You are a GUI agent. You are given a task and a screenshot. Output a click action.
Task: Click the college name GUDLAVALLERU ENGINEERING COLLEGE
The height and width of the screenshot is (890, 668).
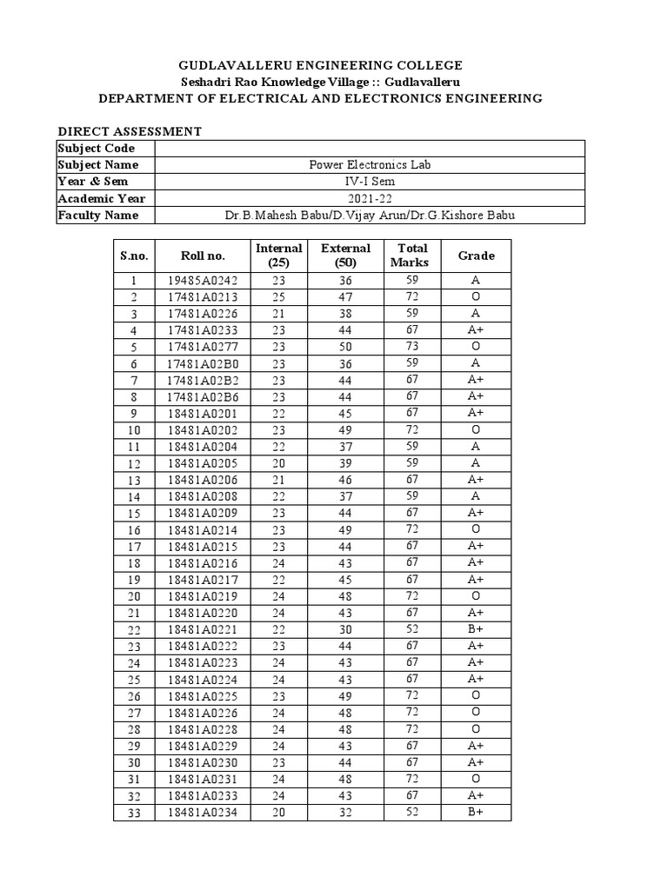point(320,65)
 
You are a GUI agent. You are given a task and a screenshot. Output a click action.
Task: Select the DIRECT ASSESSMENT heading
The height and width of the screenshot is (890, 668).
point(130,131)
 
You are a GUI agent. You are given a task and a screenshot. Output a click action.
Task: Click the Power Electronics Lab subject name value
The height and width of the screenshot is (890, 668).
point(370,165)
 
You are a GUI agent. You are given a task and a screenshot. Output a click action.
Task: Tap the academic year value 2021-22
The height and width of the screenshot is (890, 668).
point(370,198)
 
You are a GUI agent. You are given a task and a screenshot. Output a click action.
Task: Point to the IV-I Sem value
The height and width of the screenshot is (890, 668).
point(370,182)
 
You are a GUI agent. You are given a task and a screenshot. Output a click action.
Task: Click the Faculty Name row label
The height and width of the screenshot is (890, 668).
point(98,215)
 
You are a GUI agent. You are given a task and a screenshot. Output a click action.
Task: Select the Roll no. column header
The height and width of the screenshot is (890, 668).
point(203,256)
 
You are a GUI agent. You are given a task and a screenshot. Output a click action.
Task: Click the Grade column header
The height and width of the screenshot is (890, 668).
point(476,256)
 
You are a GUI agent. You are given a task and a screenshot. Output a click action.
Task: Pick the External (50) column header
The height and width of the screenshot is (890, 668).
point(345,256)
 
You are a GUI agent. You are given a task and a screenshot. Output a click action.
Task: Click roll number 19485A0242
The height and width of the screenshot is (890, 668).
point(203,281)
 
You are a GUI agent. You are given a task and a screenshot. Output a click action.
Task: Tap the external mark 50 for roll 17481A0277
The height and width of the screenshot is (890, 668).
point(345,347)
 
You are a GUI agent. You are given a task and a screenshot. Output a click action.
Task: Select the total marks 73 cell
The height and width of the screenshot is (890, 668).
point(412,346)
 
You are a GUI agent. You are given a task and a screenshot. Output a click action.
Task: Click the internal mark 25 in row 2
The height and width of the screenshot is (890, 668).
point(278,297)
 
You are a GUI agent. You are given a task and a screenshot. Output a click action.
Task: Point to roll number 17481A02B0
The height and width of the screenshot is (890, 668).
point(203,363)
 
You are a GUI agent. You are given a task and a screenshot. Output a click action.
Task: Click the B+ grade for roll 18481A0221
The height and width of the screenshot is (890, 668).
point(476,628)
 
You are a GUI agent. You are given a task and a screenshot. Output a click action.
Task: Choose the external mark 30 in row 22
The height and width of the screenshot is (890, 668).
point(345,628)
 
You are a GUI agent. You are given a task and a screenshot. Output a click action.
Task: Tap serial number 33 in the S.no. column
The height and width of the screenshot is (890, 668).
point(134,814)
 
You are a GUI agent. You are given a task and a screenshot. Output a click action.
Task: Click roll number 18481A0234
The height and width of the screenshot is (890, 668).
point(203,814)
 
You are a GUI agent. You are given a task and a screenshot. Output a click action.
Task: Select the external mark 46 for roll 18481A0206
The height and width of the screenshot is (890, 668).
point(345,480)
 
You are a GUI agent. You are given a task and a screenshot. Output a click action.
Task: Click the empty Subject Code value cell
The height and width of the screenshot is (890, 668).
point(370,149)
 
